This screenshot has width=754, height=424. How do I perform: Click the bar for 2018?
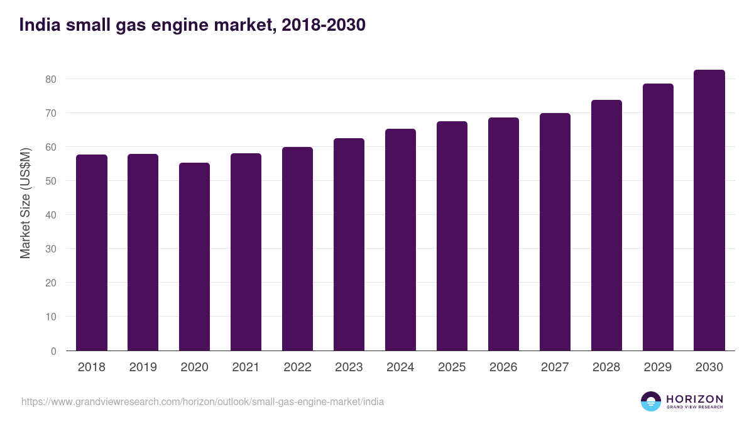(x=92, y=253)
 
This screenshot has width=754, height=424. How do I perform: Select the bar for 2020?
(x=195, y=257)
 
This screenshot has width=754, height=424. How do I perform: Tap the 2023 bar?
(x=349, y=244)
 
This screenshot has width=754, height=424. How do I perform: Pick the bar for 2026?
(x=503, y=234)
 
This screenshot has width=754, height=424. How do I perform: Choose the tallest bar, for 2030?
(x=709, y=210)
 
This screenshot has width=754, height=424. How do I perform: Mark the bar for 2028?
(x=606, y=226)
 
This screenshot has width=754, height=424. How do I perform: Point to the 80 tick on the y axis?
(x=50, y=79)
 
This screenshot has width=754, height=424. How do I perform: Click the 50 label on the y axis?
(x=50, y=181)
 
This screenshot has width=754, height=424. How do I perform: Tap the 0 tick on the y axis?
(x=53, y=351)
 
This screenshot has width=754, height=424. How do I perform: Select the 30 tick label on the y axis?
(x=50, y=249)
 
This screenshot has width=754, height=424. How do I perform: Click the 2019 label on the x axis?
(x=143, y=367)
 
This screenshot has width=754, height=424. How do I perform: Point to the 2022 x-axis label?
(x=297, y=367)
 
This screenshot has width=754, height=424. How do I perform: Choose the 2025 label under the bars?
(x=452, y=367)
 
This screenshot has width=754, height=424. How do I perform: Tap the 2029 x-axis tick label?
(x=658, y=367)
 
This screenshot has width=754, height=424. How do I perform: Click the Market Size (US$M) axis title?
(x=26, y=202)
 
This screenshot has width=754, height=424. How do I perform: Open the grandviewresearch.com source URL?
(x=202, y=401)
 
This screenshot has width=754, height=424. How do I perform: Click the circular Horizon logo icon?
(x=651, y=401)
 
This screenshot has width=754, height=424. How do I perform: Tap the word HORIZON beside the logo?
(x=694, y=399)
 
